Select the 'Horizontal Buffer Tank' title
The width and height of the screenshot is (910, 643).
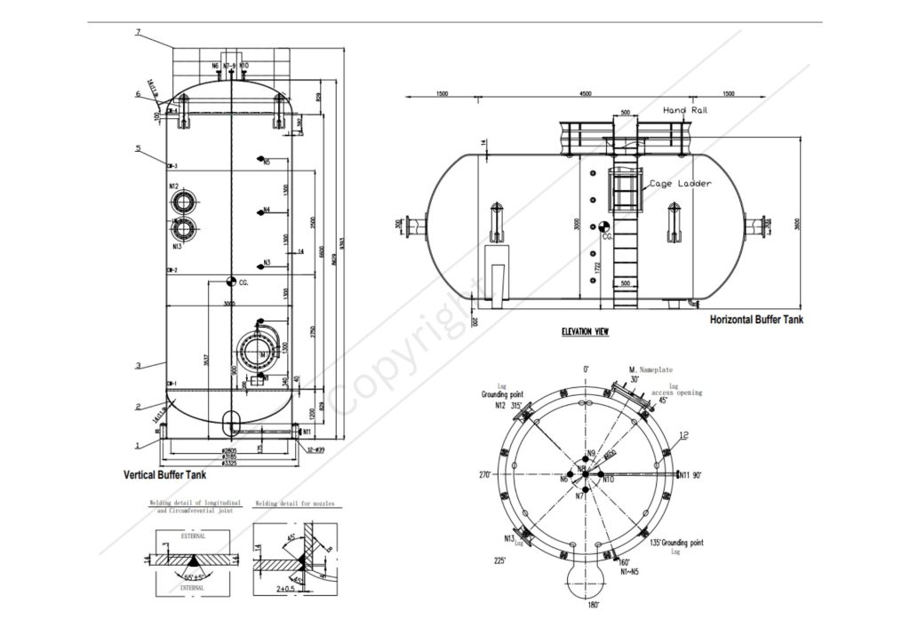[755, 320]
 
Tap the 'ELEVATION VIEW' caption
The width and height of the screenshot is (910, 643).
[585, 332]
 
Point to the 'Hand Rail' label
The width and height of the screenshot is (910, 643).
[684, 110]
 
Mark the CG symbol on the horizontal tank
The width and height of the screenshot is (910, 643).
[605, 228]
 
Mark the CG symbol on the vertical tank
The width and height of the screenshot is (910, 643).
[230, 281]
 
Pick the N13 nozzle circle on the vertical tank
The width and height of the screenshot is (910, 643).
[184, 229]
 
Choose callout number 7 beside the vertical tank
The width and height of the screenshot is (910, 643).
[139, 33]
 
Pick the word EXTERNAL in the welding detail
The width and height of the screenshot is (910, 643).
[193, 536]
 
